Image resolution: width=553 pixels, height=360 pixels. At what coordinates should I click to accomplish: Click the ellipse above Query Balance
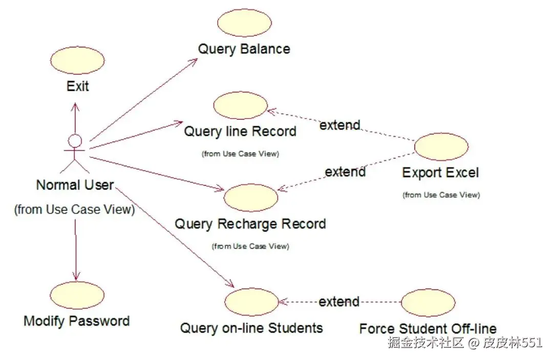(x=244, y=23)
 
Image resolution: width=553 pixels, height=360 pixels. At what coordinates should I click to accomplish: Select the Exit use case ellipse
(x=78, y=60)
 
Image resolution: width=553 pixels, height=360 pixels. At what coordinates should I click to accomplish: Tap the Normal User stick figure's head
(x=75, y=140)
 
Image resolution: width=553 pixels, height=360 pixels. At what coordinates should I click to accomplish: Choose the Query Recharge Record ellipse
(x=251, y=198)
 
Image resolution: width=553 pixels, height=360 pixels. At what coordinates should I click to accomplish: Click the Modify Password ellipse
(x=77, y=295)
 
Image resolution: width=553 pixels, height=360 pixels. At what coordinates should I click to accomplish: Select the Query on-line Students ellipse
(x=251, y=302)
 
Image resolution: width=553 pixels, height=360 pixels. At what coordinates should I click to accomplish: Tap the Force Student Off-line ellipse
(x=428, y=303)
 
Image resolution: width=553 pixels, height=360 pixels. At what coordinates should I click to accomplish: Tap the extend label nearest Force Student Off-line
(x=339, y=302)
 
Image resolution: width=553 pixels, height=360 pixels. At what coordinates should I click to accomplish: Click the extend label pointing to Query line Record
(x=340, y=124)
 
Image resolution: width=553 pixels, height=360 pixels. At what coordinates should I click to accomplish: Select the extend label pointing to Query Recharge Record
(x=345, y=171)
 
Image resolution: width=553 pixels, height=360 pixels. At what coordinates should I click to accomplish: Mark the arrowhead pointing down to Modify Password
(x=76, y=277)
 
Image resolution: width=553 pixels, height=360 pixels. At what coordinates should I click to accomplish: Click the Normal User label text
(x=75, y=185)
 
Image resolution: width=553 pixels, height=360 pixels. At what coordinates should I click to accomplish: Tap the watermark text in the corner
(x=464, y=343)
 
